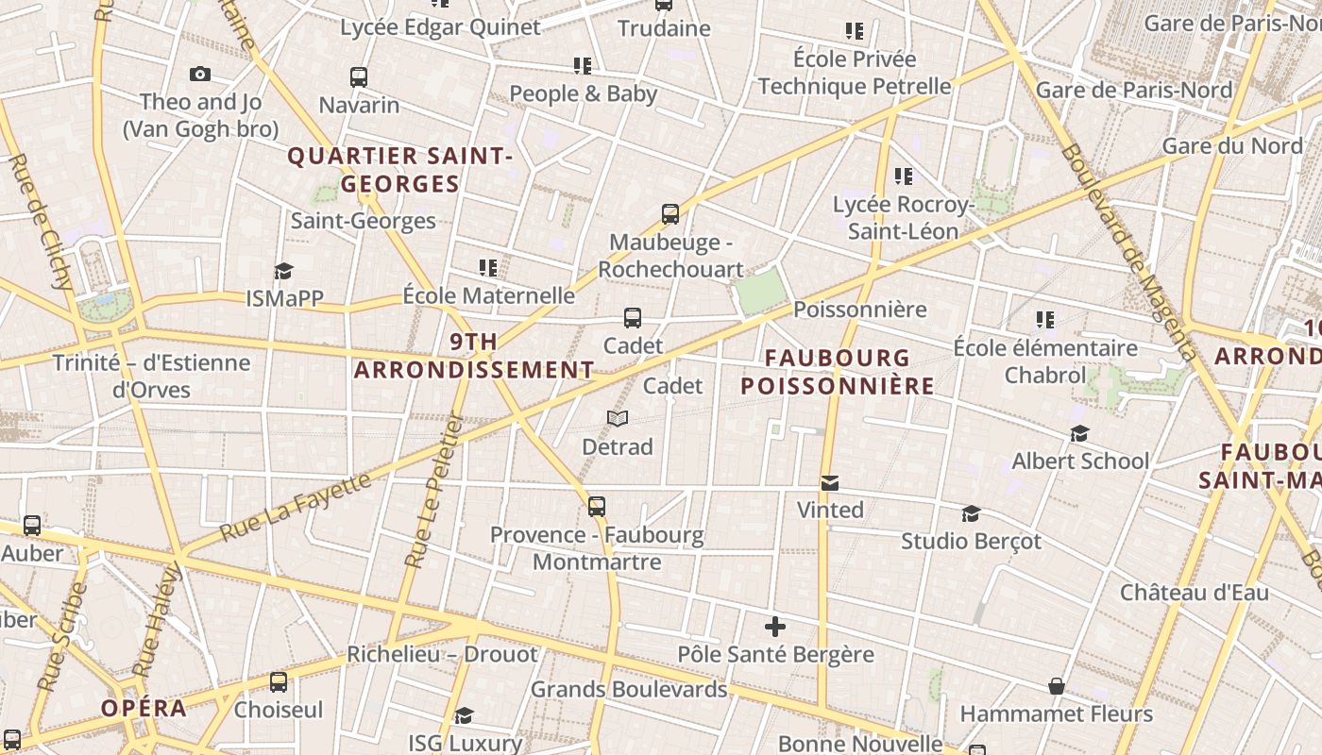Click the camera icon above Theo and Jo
click(199, 74)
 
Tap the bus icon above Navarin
click(359, 77)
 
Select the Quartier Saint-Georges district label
click(400, 170)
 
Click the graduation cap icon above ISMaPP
click(283, 272)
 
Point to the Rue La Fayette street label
click(296, 508)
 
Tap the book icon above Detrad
click(618, 418)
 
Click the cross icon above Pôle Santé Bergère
click(775, 627)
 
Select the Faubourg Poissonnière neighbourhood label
click(838, 372)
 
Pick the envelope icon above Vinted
click(830, 483)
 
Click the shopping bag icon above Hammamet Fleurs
click(1057, 686)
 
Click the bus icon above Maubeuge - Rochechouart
click(670, 214)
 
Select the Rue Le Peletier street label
click(433, 492)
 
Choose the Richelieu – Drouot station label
click(442, 654)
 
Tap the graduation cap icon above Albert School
click(1080, 434)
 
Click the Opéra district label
click(144, 709)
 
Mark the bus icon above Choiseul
click(279, 682)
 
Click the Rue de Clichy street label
click(41, 221)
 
